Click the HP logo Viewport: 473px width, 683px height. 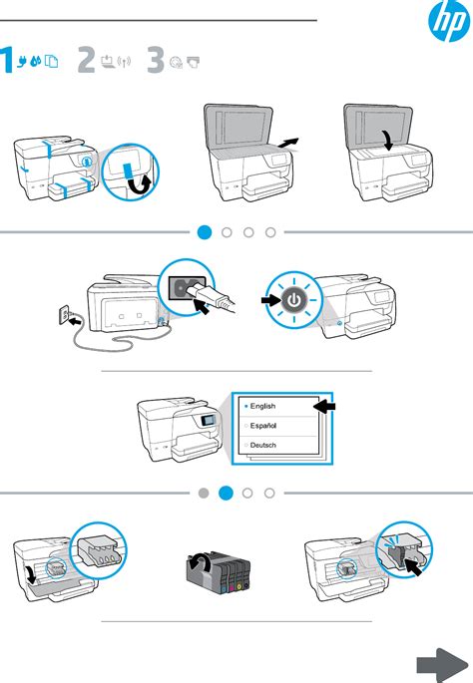coord(449,21)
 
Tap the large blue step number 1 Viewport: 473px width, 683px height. coord(7,60)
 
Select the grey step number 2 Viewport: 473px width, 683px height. coord(86,60)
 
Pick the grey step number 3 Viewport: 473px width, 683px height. coord(156,60)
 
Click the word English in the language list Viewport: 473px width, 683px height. coord(262,406)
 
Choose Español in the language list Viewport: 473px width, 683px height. coord(263,426)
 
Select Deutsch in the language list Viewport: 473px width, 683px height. coord(263,445)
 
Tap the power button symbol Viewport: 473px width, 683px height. coord(294,300)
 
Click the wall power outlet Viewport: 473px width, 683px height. coord(64,314)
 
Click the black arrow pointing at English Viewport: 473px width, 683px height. coord(324,407)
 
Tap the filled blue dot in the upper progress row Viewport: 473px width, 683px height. coord(205,232)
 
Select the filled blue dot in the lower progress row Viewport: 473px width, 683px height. coord(226,494)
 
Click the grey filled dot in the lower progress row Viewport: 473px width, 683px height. coord(204,494)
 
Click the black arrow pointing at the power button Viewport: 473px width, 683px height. coord(270,300)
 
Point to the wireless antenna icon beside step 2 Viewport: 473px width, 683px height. coord(125,62)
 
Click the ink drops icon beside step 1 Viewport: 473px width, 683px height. coord(36,61)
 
